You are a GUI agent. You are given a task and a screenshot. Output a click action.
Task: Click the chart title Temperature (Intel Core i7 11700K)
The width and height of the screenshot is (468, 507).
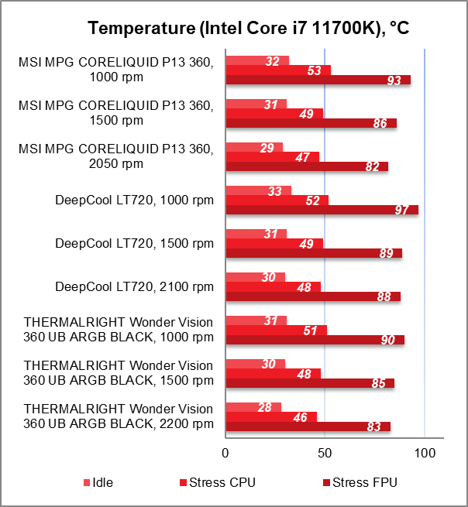[248, 29]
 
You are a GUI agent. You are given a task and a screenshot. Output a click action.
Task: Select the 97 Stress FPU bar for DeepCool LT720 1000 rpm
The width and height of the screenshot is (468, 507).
[322, 210]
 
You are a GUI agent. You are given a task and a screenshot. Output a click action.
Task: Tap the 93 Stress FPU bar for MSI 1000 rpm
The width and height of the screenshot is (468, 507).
[318, 80]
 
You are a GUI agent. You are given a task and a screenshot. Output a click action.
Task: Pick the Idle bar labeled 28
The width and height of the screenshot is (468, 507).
[253, 407]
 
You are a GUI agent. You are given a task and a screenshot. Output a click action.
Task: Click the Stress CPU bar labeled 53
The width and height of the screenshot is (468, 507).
[277, 70]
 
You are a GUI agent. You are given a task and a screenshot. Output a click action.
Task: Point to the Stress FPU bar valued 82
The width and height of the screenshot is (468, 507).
[306, 166]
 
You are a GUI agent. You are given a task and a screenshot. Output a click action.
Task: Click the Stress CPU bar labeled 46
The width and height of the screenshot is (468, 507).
[270, 417]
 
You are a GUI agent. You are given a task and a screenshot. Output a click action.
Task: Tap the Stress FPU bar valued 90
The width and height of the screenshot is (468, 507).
[315, 340]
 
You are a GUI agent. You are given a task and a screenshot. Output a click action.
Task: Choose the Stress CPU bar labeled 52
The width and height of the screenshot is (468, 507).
[277, 200]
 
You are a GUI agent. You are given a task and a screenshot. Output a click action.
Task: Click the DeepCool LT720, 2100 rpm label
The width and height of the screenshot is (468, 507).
[134, 287]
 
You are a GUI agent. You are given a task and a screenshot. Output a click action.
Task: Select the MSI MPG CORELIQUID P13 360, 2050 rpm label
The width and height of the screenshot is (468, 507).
[115, 156]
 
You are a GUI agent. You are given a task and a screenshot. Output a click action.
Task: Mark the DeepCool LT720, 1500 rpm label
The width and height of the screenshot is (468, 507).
[134, 244]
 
